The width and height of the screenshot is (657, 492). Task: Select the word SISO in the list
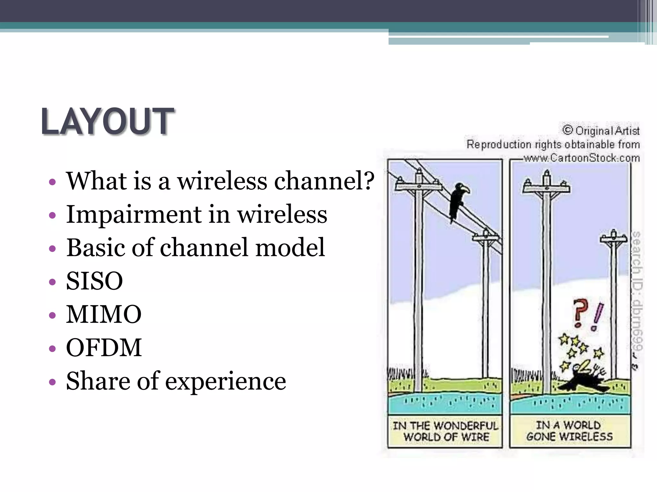pyautogui.click(x=94, y=281)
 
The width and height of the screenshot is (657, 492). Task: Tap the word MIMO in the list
pyautogui.click(x=104, y=314)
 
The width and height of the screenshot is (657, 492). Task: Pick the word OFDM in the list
pyautogui.click(x=104, y=348)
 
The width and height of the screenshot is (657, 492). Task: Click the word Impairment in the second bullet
pyautogui.click(x=134, y=214)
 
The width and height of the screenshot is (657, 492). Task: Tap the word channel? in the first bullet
pyautogui.click(x=324, y=181)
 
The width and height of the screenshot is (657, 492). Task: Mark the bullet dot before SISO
pyautogui.click(x=52, y=282)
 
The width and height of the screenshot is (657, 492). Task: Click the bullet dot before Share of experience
pyautogui.click(x=52, y=382)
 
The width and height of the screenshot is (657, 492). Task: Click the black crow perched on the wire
pyautogui.click(x=457, y=200)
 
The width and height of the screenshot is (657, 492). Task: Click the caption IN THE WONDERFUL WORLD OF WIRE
pyautogui.click(x=445, y=431)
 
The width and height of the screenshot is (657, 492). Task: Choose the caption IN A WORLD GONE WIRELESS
pyautogui.click(x=570, y=431)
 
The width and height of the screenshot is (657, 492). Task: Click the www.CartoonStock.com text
pyautogui.click(x=581, y=158)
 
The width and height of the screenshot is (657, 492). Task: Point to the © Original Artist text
pyautogui.click(x=601, y=131)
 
